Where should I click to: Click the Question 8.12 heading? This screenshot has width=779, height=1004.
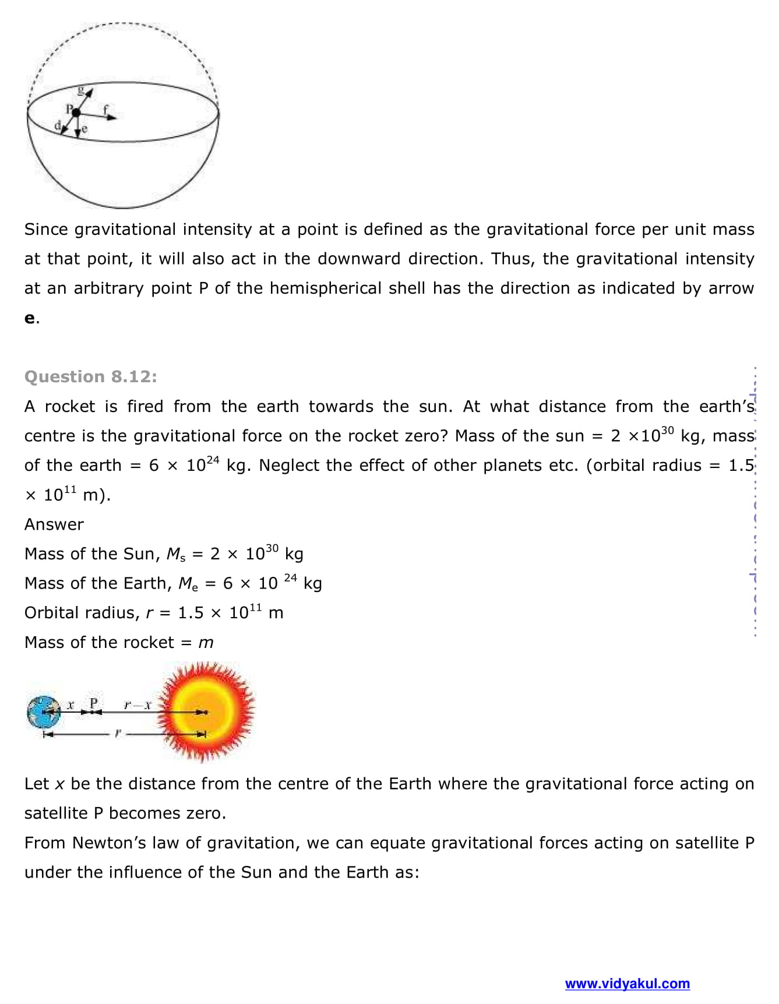pos(90,376)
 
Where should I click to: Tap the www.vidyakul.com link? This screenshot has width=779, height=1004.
pos(627,984)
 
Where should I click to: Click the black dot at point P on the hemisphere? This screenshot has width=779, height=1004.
pos(75,111)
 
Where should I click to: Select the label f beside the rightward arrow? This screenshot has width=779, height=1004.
pos(105,109)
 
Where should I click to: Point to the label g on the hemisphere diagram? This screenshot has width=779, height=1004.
pos(82,90)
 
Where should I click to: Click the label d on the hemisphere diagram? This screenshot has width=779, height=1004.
pos(57,125)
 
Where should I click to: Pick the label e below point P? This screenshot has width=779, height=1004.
pos(84,129)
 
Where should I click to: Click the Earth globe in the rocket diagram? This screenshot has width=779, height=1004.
pos(43,712)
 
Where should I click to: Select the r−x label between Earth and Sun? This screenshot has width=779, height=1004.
pos(138,705)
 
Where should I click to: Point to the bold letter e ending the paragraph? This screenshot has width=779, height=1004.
pos(30,318)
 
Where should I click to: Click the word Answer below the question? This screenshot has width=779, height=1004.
pos(54,524)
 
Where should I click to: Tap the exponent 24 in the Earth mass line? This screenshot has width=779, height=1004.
pos(290,578)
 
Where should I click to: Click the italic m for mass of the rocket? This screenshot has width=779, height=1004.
pos(206,643)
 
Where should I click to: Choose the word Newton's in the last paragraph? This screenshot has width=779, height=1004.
pos(109,843)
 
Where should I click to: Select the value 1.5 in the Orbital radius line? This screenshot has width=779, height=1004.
pos(191,613)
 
